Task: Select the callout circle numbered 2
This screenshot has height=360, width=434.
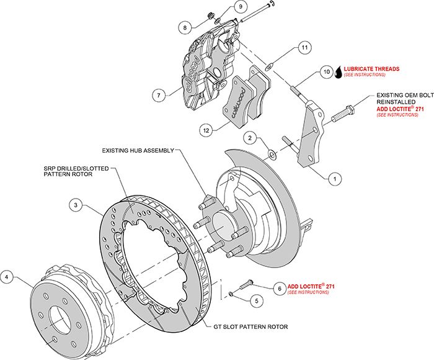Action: click(249, 137)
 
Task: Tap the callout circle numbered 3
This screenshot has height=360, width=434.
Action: click(74, 204)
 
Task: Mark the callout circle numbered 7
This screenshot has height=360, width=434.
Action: click(160, 95)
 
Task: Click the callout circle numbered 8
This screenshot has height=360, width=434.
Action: click(185, 27)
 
